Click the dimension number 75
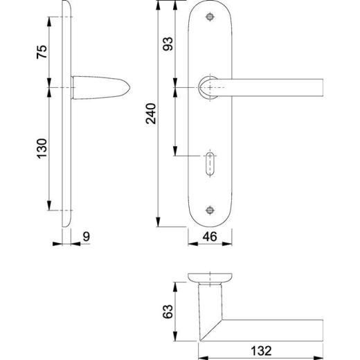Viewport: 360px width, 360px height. coord(42,51)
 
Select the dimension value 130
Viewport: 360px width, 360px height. coord(42,147)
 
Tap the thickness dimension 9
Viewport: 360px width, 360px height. coord(86,237)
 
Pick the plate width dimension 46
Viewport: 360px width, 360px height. coord(210,237)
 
